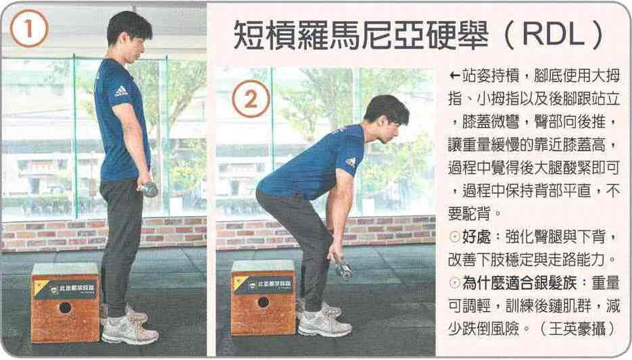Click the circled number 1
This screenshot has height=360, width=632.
click(29, 28)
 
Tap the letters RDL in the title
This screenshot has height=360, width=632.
click(554, 34)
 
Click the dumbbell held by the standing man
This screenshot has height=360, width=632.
click(149, 189)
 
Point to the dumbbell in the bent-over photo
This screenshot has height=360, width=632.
click(343, 269)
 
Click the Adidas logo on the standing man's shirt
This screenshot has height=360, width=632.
click(120, 91)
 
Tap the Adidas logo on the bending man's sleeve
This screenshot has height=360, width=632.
click(351, 162)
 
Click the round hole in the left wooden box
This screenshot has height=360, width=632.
click(65, 308)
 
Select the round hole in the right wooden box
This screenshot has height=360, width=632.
click(263, 302)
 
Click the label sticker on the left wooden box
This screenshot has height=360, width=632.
click(66, 289)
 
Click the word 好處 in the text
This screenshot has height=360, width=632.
click(476, 236)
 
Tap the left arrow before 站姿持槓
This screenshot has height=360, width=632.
click(455, 76)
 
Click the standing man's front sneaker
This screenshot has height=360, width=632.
click(129, 330)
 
